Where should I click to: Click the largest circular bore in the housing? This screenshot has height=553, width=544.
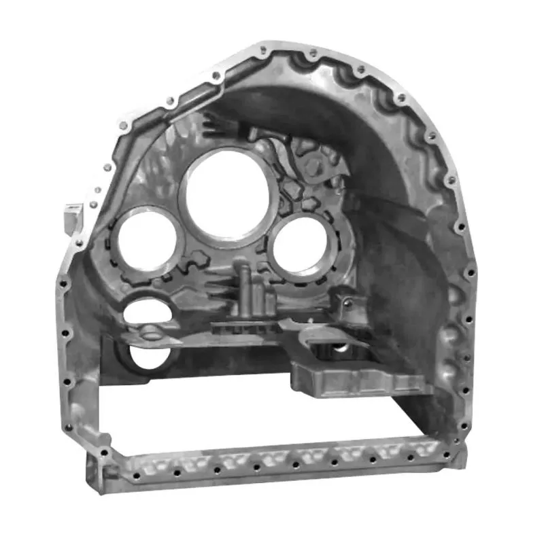tap(228, 194)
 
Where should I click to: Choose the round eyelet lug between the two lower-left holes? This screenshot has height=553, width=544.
tap(150, 333)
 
